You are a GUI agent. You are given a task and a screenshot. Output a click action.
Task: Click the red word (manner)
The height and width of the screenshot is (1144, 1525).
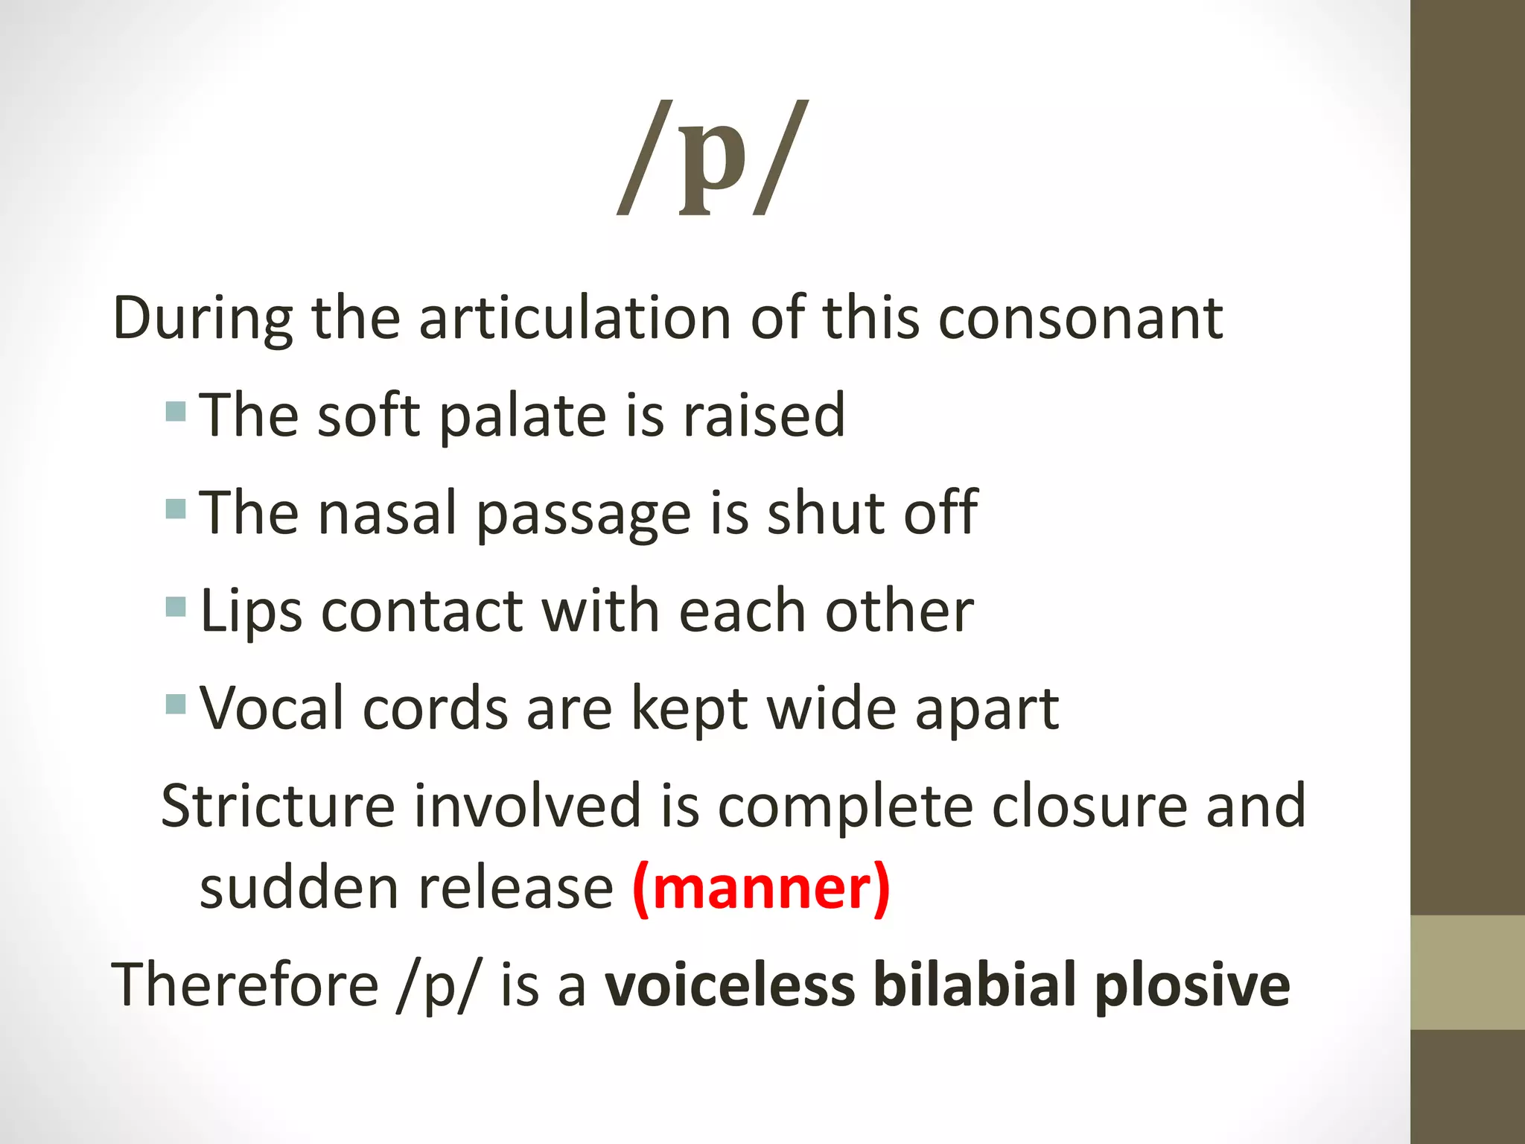761,888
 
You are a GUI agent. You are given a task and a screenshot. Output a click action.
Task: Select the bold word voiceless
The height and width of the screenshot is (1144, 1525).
729,985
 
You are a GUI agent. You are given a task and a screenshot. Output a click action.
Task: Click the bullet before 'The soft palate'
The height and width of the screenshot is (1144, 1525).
176,411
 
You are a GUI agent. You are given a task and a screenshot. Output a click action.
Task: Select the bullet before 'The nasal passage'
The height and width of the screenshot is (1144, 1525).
176,509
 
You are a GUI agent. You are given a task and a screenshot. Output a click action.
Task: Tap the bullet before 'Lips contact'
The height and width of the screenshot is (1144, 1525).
176,606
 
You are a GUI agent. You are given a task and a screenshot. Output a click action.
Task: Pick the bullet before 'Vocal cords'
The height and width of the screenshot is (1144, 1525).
176,704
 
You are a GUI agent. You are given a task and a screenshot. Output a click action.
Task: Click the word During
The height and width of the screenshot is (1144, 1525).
203,319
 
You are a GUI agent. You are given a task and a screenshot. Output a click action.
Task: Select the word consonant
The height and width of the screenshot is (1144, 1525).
1080,319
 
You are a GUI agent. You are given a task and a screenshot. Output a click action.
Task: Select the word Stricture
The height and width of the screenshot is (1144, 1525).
278,806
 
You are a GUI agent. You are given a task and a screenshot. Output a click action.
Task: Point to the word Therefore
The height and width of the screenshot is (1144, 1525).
245,985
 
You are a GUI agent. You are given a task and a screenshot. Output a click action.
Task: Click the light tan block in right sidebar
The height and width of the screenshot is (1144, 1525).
1467,972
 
